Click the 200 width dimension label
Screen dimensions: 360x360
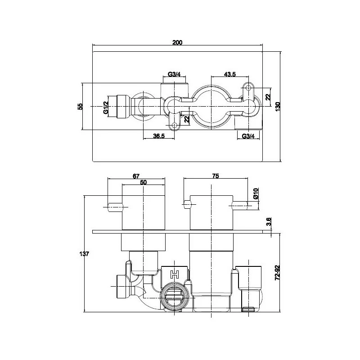(x=177, y=42)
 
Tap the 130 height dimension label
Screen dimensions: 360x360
(x=278, y=107)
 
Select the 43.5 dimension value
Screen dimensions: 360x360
(x=230, y=74)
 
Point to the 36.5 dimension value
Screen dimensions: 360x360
(x=159, y=136)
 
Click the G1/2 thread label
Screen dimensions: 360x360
(x=106, y=108)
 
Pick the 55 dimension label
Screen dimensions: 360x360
(x=80, y=107)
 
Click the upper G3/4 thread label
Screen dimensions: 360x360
(x=174, y=74)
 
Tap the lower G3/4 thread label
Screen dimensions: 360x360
(x=248, y=136)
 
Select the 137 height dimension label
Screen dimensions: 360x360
(x=84, y=254)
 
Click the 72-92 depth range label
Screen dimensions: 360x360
(x=277, y=273)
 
